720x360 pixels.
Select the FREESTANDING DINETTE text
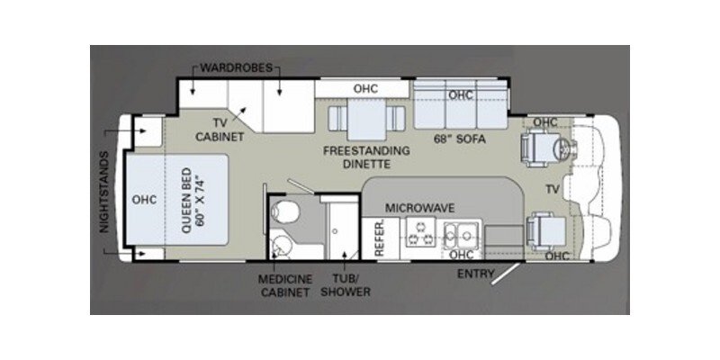(366, 157)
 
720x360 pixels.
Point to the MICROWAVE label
(419, 208)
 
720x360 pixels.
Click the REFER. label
(380, 241)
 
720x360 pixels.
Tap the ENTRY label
(477, 273)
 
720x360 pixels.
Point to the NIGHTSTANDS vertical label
(104, 193)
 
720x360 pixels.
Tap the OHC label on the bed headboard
(144, 199)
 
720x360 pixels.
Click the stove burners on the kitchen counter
(418, 236)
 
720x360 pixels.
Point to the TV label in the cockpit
(552, 189)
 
